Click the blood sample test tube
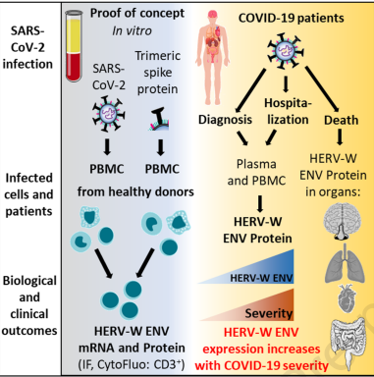pyautogui.click(x=75, y=45)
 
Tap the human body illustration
pyautogui.click(x=212, y=55)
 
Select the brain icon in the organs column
pyautogui.click(x=342, y=224)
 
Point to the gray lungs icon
pyautogui.click(x=345, y=263)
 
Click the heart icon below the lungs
pyautogui.click(x=345, y=298)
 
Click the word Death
pyautogui.click(x=341, y=120)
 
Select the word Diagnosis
pyautogui.click(x=225, y=120)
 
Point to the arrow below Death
pyautogui.click(x=340, y=136)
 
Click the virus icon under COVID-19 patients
pyautogui.click(x=286, y=51)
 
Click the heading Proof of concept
pyautogui.click(x=137, y=13)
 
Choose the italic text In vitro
pyautogui.click(x=132, y=30)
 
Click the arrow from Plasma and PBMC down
pyautogui.click(x=260, y=204)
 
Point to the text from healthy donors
pyautogui.click(x=135, y=191)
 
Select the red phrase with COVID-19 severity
pyautogui.click(x=261, y=365)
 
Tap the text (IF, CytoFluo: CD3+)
pyautogui.click(x=132, y=365)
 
